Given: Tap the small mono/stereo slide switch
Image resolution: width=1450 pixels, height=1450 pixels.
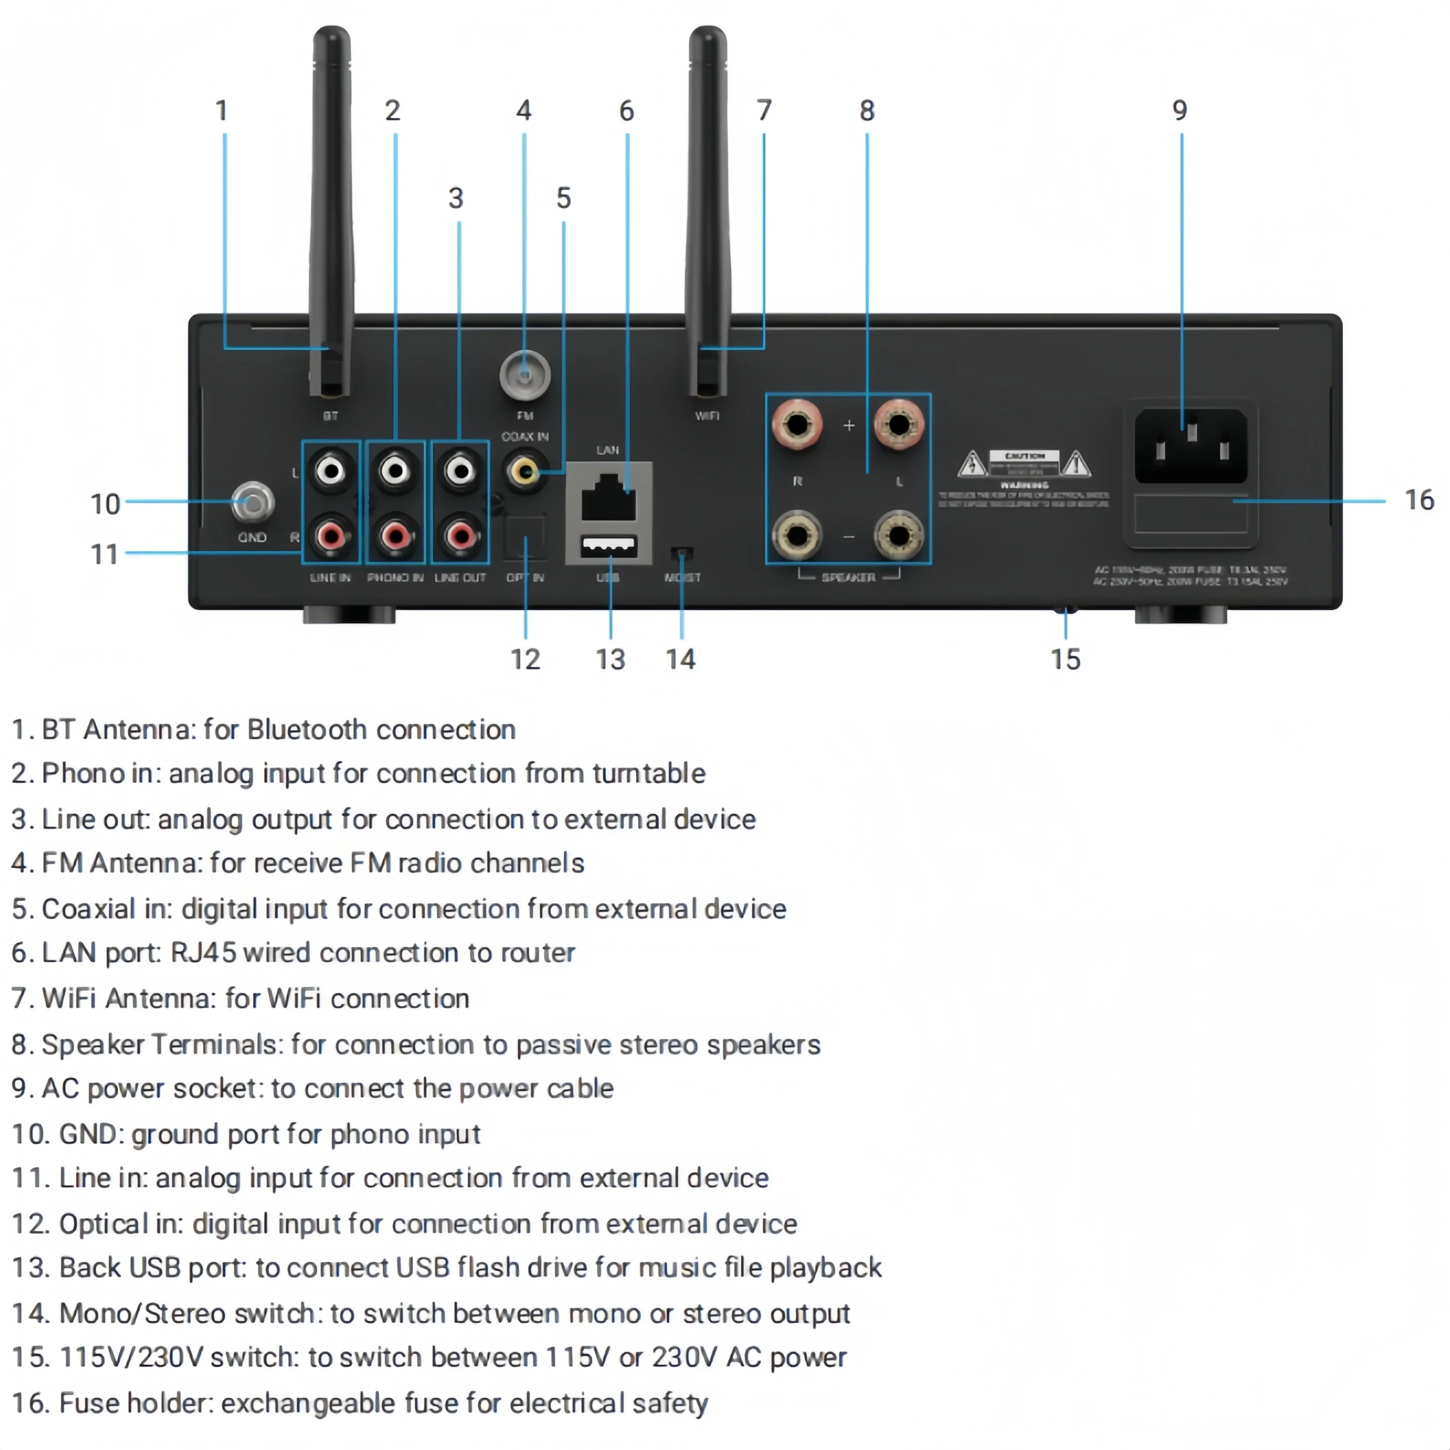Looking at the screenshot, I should click(x=681, y=554).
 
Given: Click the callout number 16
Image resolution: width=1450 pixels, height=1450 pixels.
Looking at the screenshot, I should click(x=1418, y=500).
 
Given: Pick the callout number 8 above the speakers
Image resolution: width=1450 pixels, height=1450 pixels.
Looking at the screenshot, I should click(x=867, y=111).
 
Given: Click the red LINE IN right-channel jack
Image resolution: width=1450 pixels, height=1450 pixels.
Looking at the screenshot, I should click(x=331, y=536).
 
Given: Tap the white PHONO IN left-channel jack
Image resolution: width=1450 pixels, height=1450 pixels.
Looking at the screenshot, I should click(x=396, y=471).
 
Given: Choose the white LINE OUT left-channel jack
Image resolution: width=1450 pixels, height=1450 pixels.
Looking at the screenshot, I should click(x=460, y=471).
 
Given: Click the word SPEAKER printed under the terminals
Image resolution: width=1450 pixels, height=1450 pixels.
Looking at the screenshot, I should click(x=848, y=577).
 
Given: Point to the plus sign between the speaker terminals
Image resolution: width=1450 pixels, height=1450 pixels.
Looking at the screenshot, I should click(x=848, y=425).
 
